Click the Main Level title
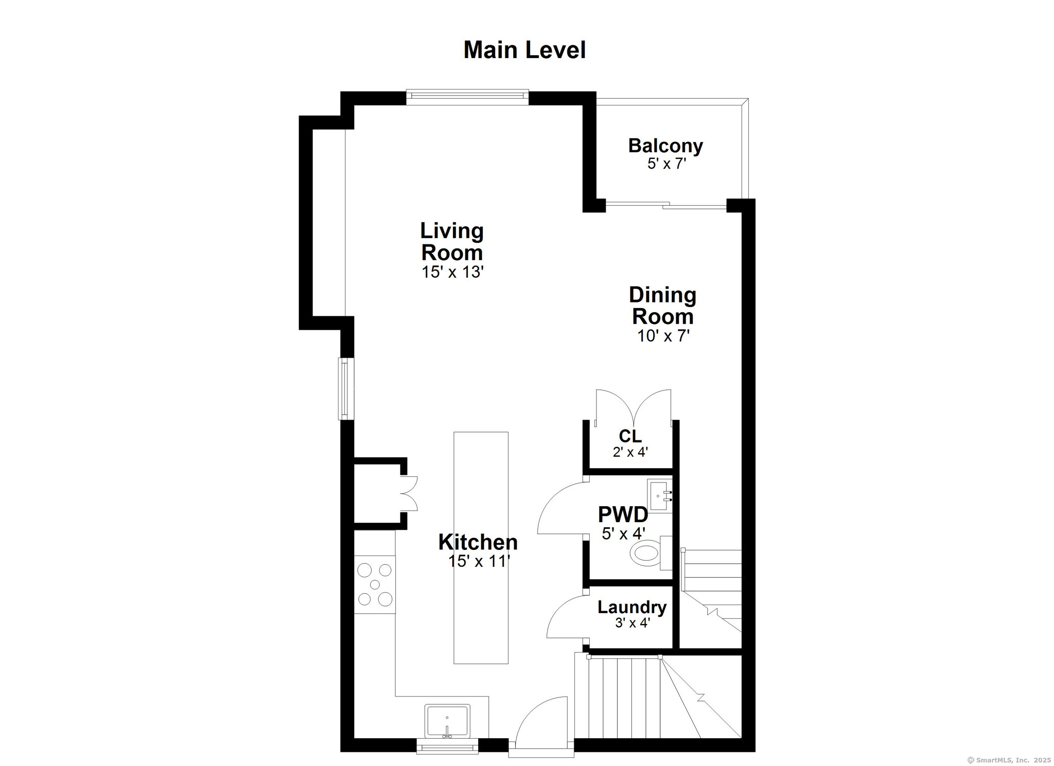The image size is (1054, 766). coord(524,50)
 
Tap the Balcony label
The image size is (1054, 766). coord(665,146)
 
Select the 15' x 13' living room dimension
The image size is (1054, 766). coord(452,272)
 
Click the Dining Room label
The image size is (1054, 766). coord(662,306)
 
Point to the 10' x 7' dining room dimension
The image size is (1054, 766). coord(663,336)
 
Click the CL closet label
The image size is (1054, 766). coord(630,436)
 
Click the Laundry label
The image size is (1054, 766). coord(631,607)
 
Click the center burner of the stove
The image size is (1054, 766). coord(375,584)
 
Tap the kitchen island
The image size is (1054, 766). coord(481,547)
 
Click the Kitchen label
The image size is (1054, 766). coord(478,542)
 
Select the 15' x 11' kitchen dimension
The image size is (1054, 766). coord(478,561)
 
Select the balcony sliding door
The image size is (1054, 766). coord(666,205)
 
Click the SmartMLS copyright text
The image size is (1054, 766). coord(1009,759)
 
